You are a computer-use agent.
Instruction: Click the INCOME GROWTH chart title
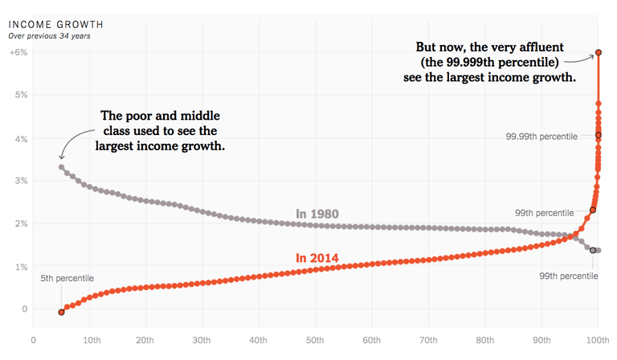pos(55,23)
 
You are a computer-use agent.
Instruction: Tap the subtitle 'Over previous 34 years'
pos(50,35)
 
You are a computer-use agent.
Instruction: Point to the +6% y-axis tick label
pos(18,52)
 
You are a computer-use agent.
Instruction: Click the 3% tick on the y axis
pos(18,181)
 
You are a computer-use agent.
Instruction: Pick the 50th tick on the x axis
pos(316,340)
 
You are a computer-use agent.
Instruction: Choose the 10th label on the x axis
pos(91,340)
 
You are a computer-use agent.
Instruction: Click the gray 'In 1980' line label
pos(317,214)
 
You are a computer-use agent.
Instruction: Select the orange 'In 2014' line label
pos(317,258)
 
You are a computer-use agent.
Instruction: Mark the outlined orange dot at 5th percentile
pos(61,312)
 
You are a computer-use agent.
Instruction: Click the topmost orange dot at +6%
pos(599,54)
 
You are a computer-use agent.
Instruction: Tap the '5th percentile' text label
pos(67,278)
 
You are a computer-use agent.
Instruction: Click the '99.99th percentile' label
pos(541,137)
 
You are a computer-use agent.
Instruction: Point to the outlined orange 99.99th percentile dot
pos(599,135)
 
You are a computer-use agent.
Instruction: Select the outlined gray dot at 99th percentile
pos(593,250)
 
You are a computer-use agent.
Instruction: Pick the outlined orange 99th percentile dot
pos(593,211)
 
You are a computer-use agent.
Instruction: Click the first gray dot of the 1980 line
pos(61,167)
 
